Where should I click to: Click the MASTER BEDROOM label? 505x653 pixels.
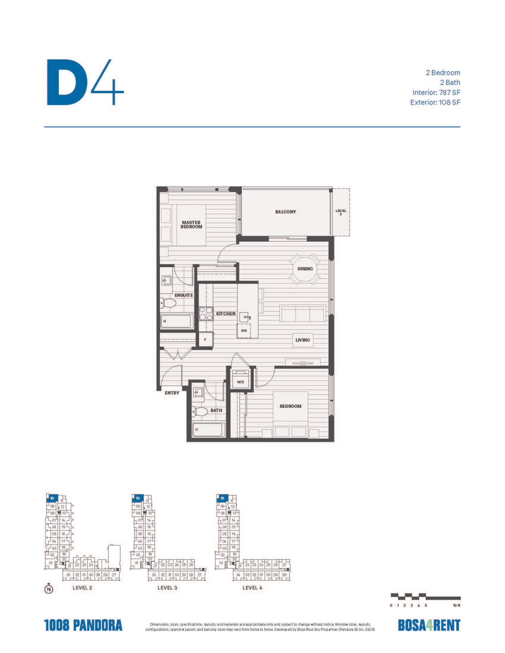tap(191, 225)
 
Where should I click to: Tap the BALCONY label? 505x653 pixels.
tap(285, 212)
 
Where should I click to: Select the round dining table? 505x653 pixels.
tap(305, 269)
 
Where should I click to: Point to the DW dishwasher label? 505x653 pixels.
tap(244, 331)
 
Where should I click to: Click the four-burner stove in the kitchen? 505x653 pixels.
tap(206, 314)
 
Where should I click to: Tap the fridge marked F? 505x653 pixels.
tap(206, 340)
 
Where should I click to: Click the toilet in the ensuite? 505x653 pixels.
tap(167, 303)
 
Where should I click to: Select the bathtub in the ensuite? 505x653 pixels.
tap(176, 322)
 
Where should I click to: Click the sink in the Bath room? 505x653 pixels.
tap(198, 392)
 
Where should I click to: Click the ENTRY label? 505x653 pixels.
tap(172, 393)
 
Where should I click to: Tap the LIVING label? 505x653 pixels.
tap(302, 340)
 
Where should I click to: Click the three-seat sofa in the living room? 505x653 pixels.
tap(303, 313)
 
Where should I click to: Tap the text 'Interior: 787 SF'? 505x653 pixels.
tap(436, 92)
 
